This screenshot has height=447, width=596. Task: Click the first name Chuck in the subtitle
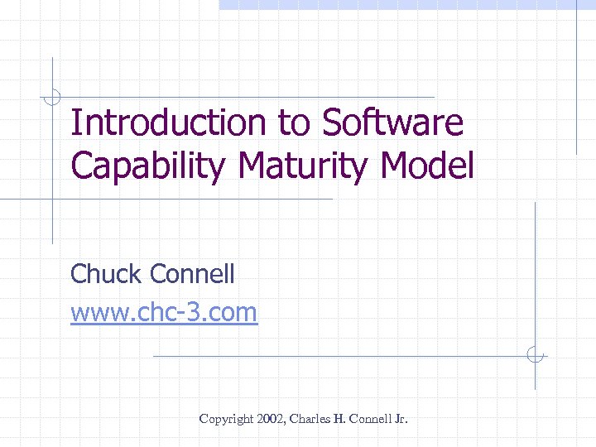pyautogui.click(x=103, y=273)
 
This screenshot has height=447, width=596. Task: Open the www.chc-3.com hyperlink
pyautogui.click(x=164, y=313)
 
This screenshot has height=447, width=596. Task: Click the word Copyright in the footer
pyautogui.click(x=225, y=420)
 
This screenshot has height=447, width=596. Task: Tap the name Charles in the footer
pyautogui.click(x=310, y=420)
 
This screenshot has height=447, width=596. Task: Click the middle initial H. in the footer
pyautogui.click(x=339, y=420)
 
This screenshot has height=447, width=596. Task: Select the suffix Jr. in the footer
pyautogui.click(x=401, y=420)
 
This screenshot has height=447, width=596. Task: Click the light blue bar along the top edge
pyautogui.click(x=406, y=4)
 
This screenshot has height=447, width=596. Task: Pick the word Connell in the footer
pyautogui.click(x=369, y=420)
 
